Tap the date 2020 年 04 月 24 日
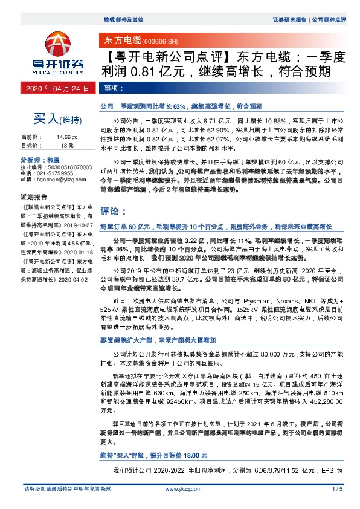point(58,89)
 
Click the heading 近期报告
point(34,197)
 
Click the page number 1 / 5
point(338,488)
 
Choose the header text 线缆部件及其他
point(117,19)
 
